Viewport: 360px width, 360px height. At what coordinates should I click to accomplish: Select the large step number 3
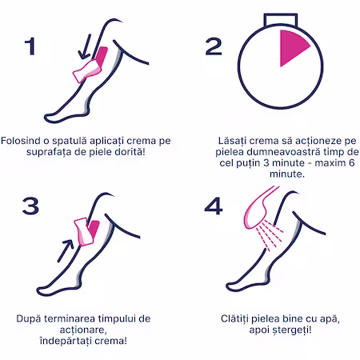(30, 206)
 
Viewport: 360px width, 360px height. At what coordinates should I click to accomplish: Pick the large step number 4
(214, 206)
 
